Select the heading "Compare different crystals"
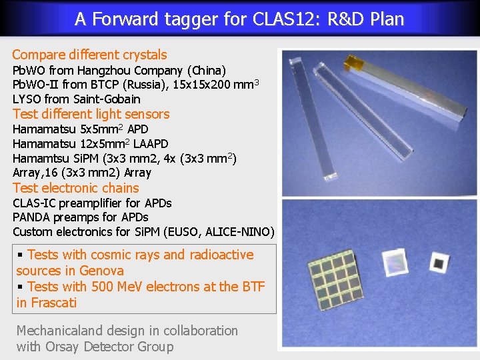[89, 55]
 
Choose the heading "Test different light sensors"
[91, 114]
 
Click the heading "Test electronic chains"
[76, 188]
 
